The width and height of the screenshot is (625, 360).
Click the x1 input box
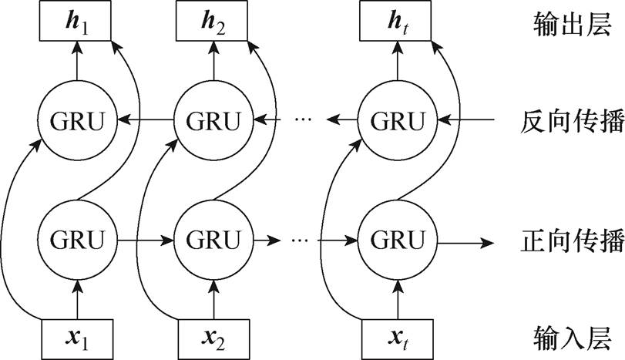pyautogui.click(x=76, y=337)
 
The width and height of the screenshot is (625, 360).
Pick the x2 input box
pyautogui.click(x=213, y=337)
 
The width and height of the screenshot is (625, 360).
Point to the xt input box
pyautogui.click(x=397, y=337)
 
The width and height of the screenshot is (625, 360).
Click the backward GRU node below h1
pyautogui.click(x=76, y=120)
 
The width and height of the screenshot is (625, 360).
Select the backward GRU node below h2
pyautogui.click(x=213, y=120)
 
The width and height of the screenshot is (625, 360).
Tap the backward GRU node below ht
pyautogui.click(x=397, y=120)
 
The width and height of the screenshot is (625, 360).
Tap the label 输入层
pyautogui.click(x=566, y=337)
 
